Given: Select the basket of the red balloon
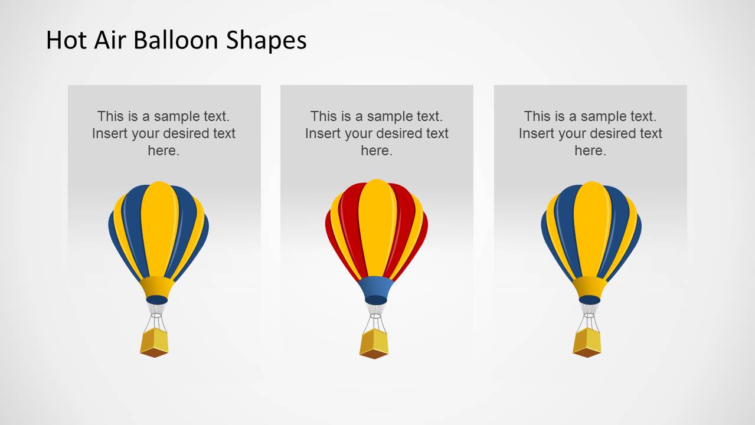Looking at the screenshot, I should (374, 344).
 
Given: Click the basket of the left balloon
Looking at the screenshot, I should (154, 342).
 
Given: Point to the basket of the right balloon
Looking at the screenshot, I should (587, 342).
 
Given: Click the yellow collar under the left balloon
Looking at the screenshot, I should (157, 287).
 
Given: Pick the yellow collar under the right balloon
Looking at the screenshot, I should (590, 287).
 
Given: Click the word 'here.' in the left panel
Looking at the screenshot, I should (164, 151).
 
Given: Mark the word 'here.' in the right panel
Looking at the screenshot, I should (590, 151).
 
